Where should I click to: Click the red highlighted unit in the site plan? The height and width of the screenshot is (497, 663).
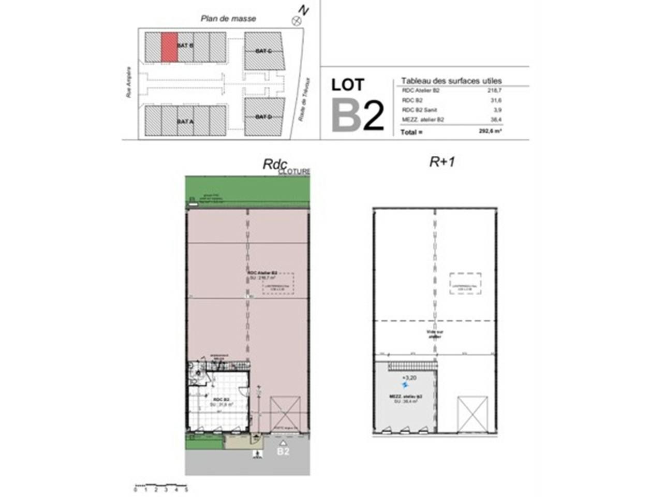pyautogui.click(x=169, y=47)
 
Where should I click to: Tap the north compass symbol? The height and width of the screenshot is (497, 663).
pyautogui.click(x=297, y=21)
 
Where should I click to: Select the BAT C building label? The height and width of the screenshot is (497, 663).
pyautogui.click(x=263, y=51)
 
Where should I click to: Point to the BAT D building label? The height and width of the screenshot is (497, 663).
pyautogui.click(x=263, y=117)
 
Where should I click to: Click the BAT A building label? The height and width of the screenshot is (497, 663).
pyautogui.click(x=185, y=121)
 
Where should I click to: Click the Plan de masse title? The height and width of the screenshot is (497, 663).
pyautogui.click(x=228, y=19)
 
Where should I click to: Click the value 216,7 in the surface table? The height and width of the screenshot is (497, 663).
pyautogui.click(x=495, y=90)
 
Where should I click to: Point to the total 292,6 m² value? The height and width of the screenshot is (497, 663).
pyautogui.click(x=490, y=131)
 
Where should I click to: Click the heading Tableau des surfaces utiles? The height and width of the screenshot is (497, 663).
pyautogui.click(x=451, y=81)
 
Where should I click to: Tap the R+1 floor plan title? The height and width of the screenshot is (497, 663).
pyautogui.click(x=442, y=162)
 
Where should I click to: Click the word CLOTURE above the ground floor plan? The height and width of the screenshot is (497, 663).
pyautogui.click(x=294, y=171)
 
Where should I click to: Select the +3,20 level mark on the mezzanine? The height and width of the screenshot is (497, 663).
pyautogui.click(x=409, y=378)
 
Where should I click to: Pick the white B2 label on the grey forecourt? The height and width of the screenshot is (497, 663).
pyautogui.click(x=283, y=451)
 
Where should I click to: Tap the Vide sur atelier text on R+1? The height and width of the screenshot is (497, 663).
pyautogui.click(x=434, y=334)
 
